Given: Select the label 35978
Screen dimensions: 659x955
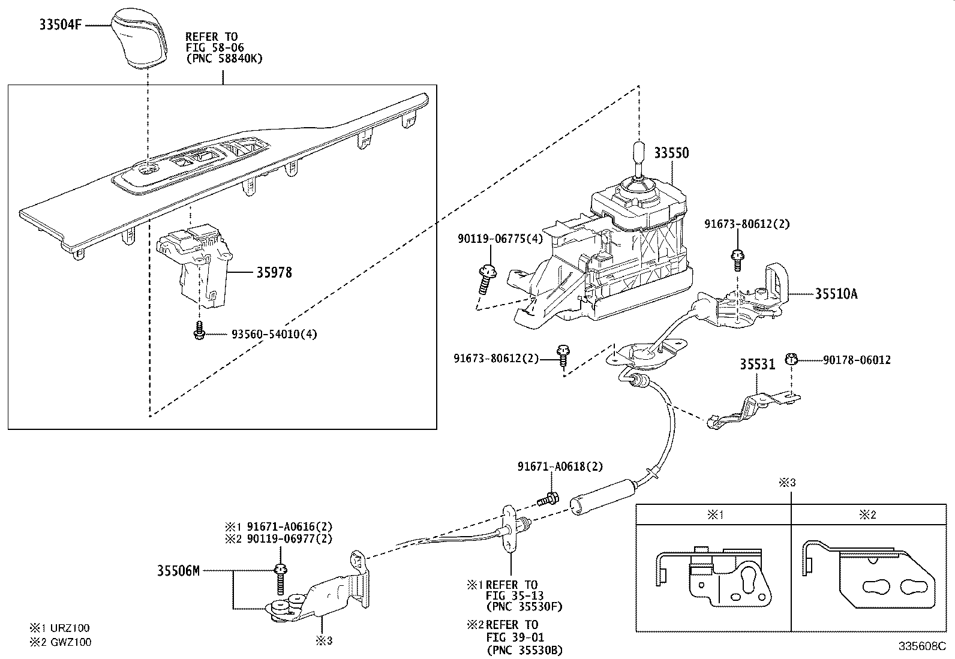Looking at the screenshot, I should point(274,273).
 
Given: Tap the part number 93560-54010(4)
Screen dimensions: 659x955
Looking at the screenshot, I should point(274,334).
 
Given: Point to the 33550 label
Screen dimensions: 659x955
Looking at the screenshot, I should point(671,153).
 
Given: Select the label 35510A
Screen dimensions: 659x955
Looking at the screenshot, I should point(836,294).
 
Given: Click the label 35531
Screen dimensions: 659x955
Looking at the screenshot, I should point(756,365).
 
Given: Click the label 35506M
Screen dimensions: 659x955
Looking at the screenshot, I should point(178,570).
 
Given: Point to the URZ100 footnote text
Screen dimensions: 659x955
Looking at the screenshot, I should point(70,628).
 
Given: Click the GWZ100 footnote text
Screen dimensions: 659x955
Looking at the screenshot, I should point(70,642).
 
